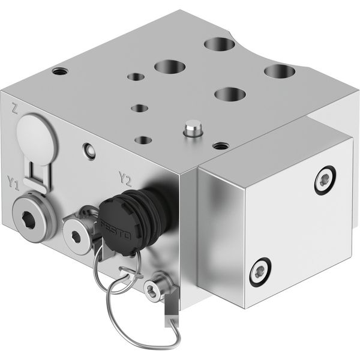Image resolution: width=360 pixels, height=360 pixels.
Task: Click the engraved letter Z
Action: tap(14, 109)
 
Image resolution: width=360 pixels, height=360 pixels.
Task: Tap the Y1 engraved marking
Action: tap(13, 183)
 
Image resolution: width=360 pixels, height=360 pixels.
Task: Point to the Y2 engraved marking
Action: tap(125, 179)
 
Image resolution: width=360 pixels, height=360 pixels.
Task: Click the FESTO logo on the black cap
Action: tap(115, 230)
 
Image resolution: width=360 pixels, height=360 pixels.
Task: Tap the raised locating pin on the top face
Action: tap(193, 129)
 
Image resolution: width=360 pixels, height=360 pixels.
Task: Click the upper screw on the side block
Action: tap(325, 181)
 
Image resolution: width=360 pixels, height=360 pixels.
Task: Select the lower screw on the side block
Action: tap(260, 272)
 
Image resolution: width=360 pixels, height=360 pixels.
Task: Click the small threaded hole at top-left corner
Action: tap(60, 71)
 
